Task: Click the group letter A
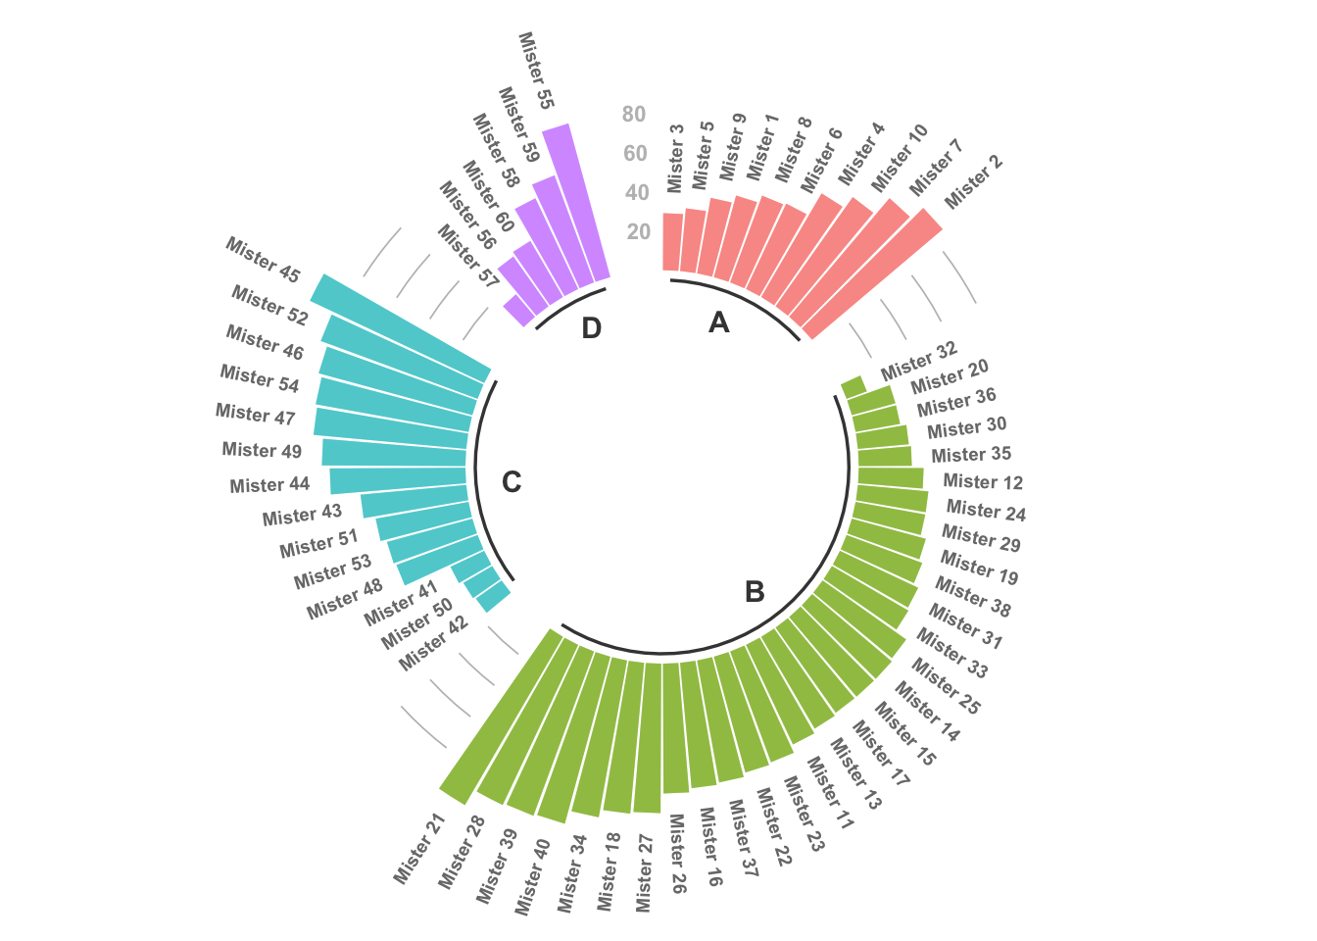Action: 719,322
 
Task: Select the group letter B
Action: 755,592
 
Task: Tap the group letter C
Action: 512,482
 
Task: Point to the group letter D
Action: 591,328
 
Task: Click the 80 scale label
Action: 634,115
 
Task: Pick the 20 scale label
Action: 639,232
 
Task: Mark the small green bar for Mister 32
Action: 853,387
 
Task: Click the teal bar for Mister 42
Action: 495,597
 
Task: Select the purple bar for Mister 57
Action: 518,311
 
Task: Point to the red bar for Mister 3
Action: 672,242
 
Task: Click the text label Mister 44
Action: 269,485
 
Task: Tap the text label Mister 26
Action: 677,853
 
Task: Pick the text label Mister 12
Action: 983,481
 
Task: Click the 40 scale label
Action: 637,193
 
